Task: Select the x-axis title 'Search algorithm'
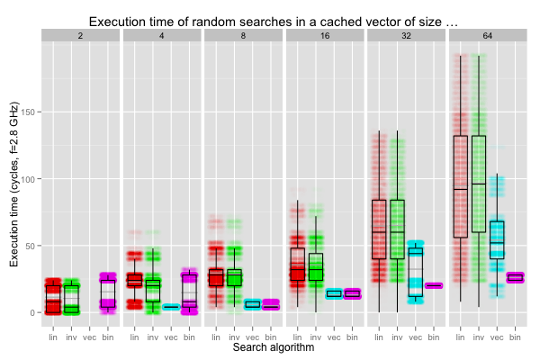273,346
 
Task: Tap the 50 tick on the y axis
31,246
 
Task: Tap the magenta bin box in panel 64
515,278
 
